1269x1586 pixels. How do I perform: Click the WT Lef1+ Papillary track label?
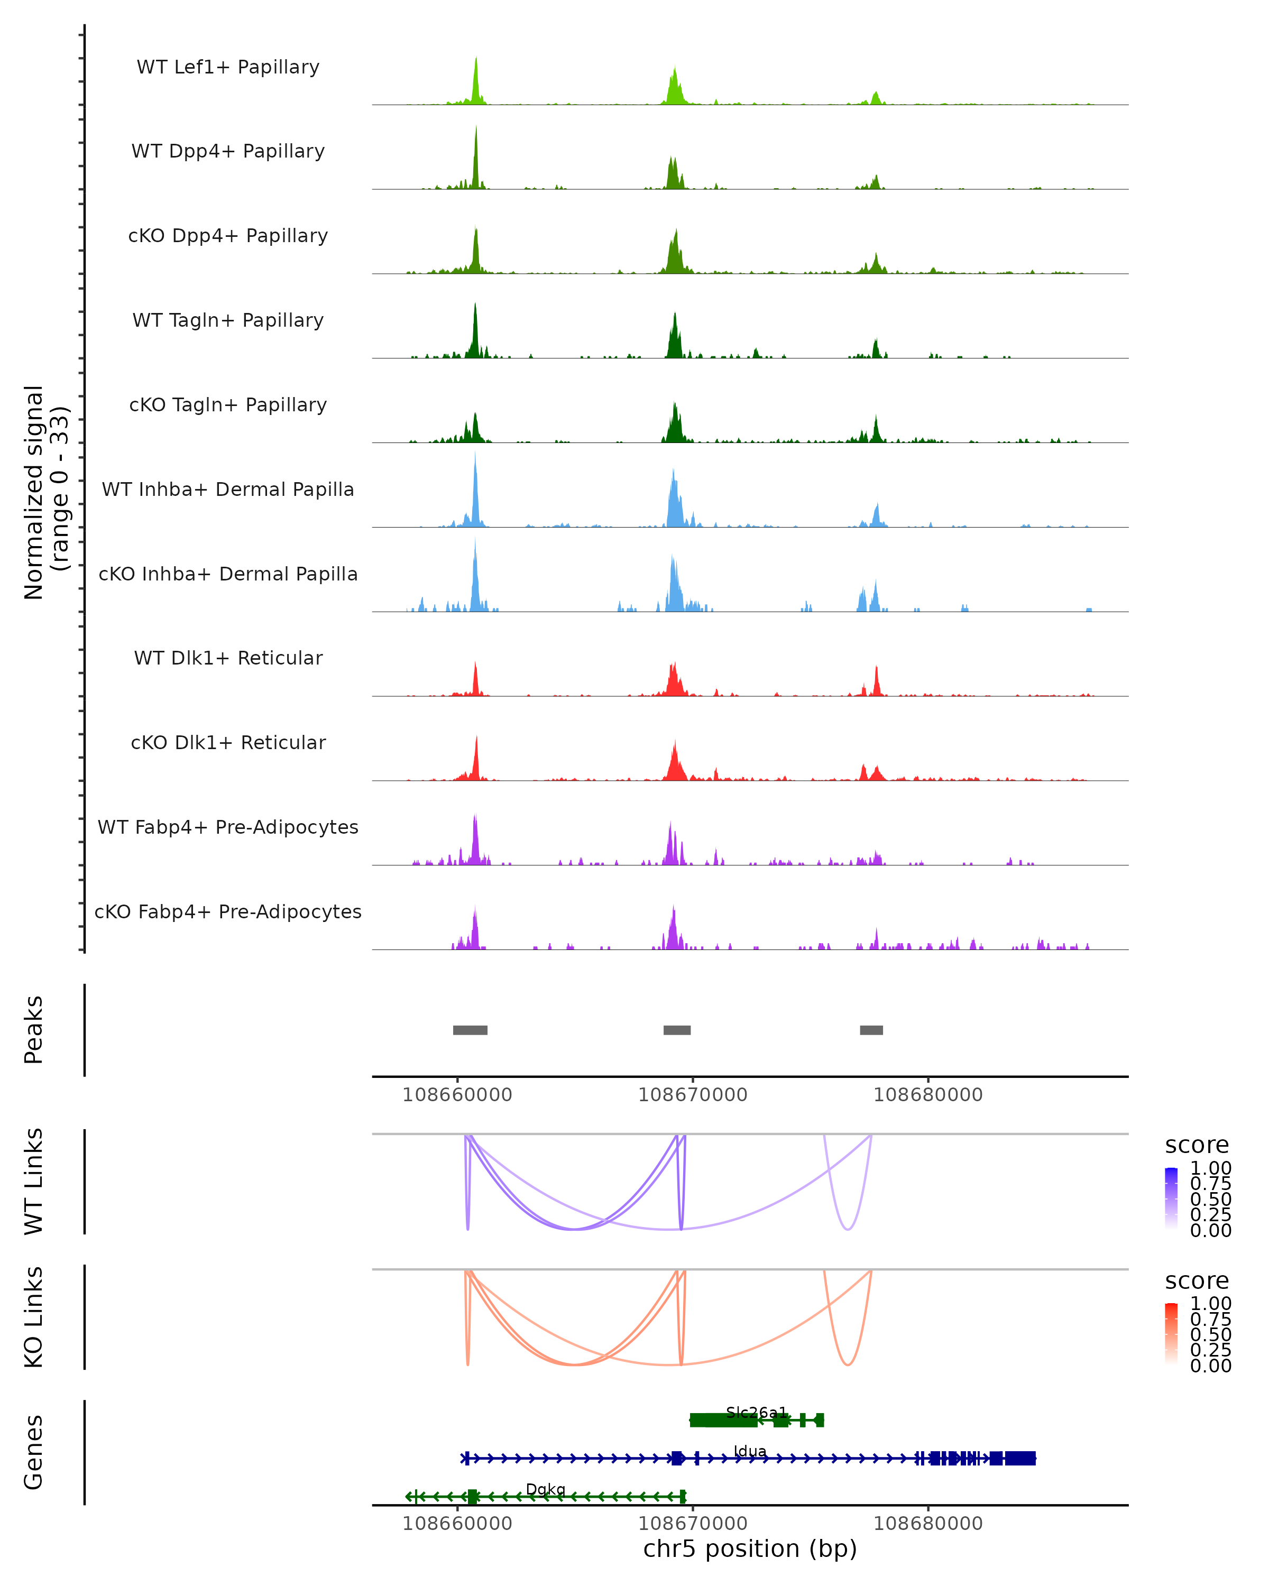click(228, 67)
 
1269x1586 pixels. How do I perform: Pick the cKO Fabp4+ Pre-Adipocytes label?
click(228, 911)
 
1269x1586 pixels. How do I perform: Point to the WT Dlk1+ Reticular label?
click(228, 658)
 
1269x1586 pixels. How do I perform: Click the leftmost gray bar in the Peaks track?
click(470, 1030)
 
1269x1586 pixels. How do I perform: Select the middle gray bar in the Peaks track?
click(677, 1030)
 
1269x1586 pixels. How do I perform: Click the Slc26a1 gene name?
click(756, 1413)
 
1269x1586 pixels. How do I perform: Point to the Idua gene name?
click(750, 1451)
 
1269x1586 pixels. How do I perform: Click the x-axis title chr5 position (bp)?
click(750, 1549)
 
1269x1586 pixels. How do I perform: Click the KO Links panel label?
click(34, 1317)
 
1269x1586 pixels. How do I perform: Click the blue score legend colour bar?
click(1171, 1198)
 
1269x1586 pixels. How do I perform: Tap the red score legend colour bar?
click(1171, 1334)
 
